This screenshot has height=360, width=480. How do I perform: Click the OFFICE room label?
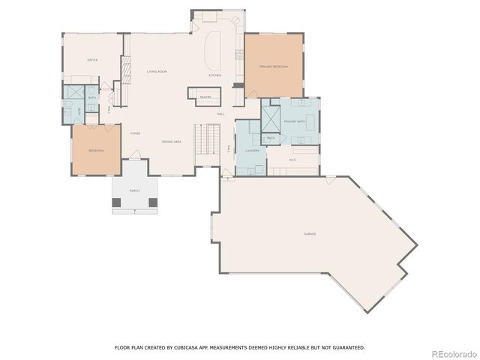coord(92,60)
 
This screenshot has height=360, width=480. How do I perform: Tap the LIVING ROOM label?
coord(157,70)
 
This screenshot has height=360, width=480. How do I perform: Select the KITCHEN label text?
coord(214,76)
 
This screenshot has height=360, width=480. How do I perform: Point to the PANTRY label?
coord(205,97)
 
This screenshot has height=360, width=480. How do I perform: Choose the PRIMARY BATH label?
coord(294,121)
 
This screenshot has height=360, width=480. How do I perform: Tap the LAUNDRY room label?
coord(252,151)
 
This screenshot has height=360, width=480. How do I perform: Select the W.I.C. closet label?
coord(293,158)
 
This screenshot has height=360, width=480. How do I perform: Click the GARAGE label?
coord(310,234)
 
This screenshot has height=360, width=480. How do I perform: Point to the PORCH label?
coord(134,191)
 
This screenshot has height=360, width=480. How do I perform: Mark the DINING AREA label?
coord(172,142)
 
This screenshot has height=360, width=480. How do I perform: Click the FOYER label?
coord(136,133)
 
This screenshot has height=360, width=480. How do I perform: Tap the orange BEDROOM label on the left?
coord(96,151)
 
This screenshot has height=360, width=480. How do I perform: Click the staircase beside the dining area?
coord(207,140)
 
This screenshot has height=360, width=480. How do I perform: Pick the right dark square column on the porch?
coord(153,202)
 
